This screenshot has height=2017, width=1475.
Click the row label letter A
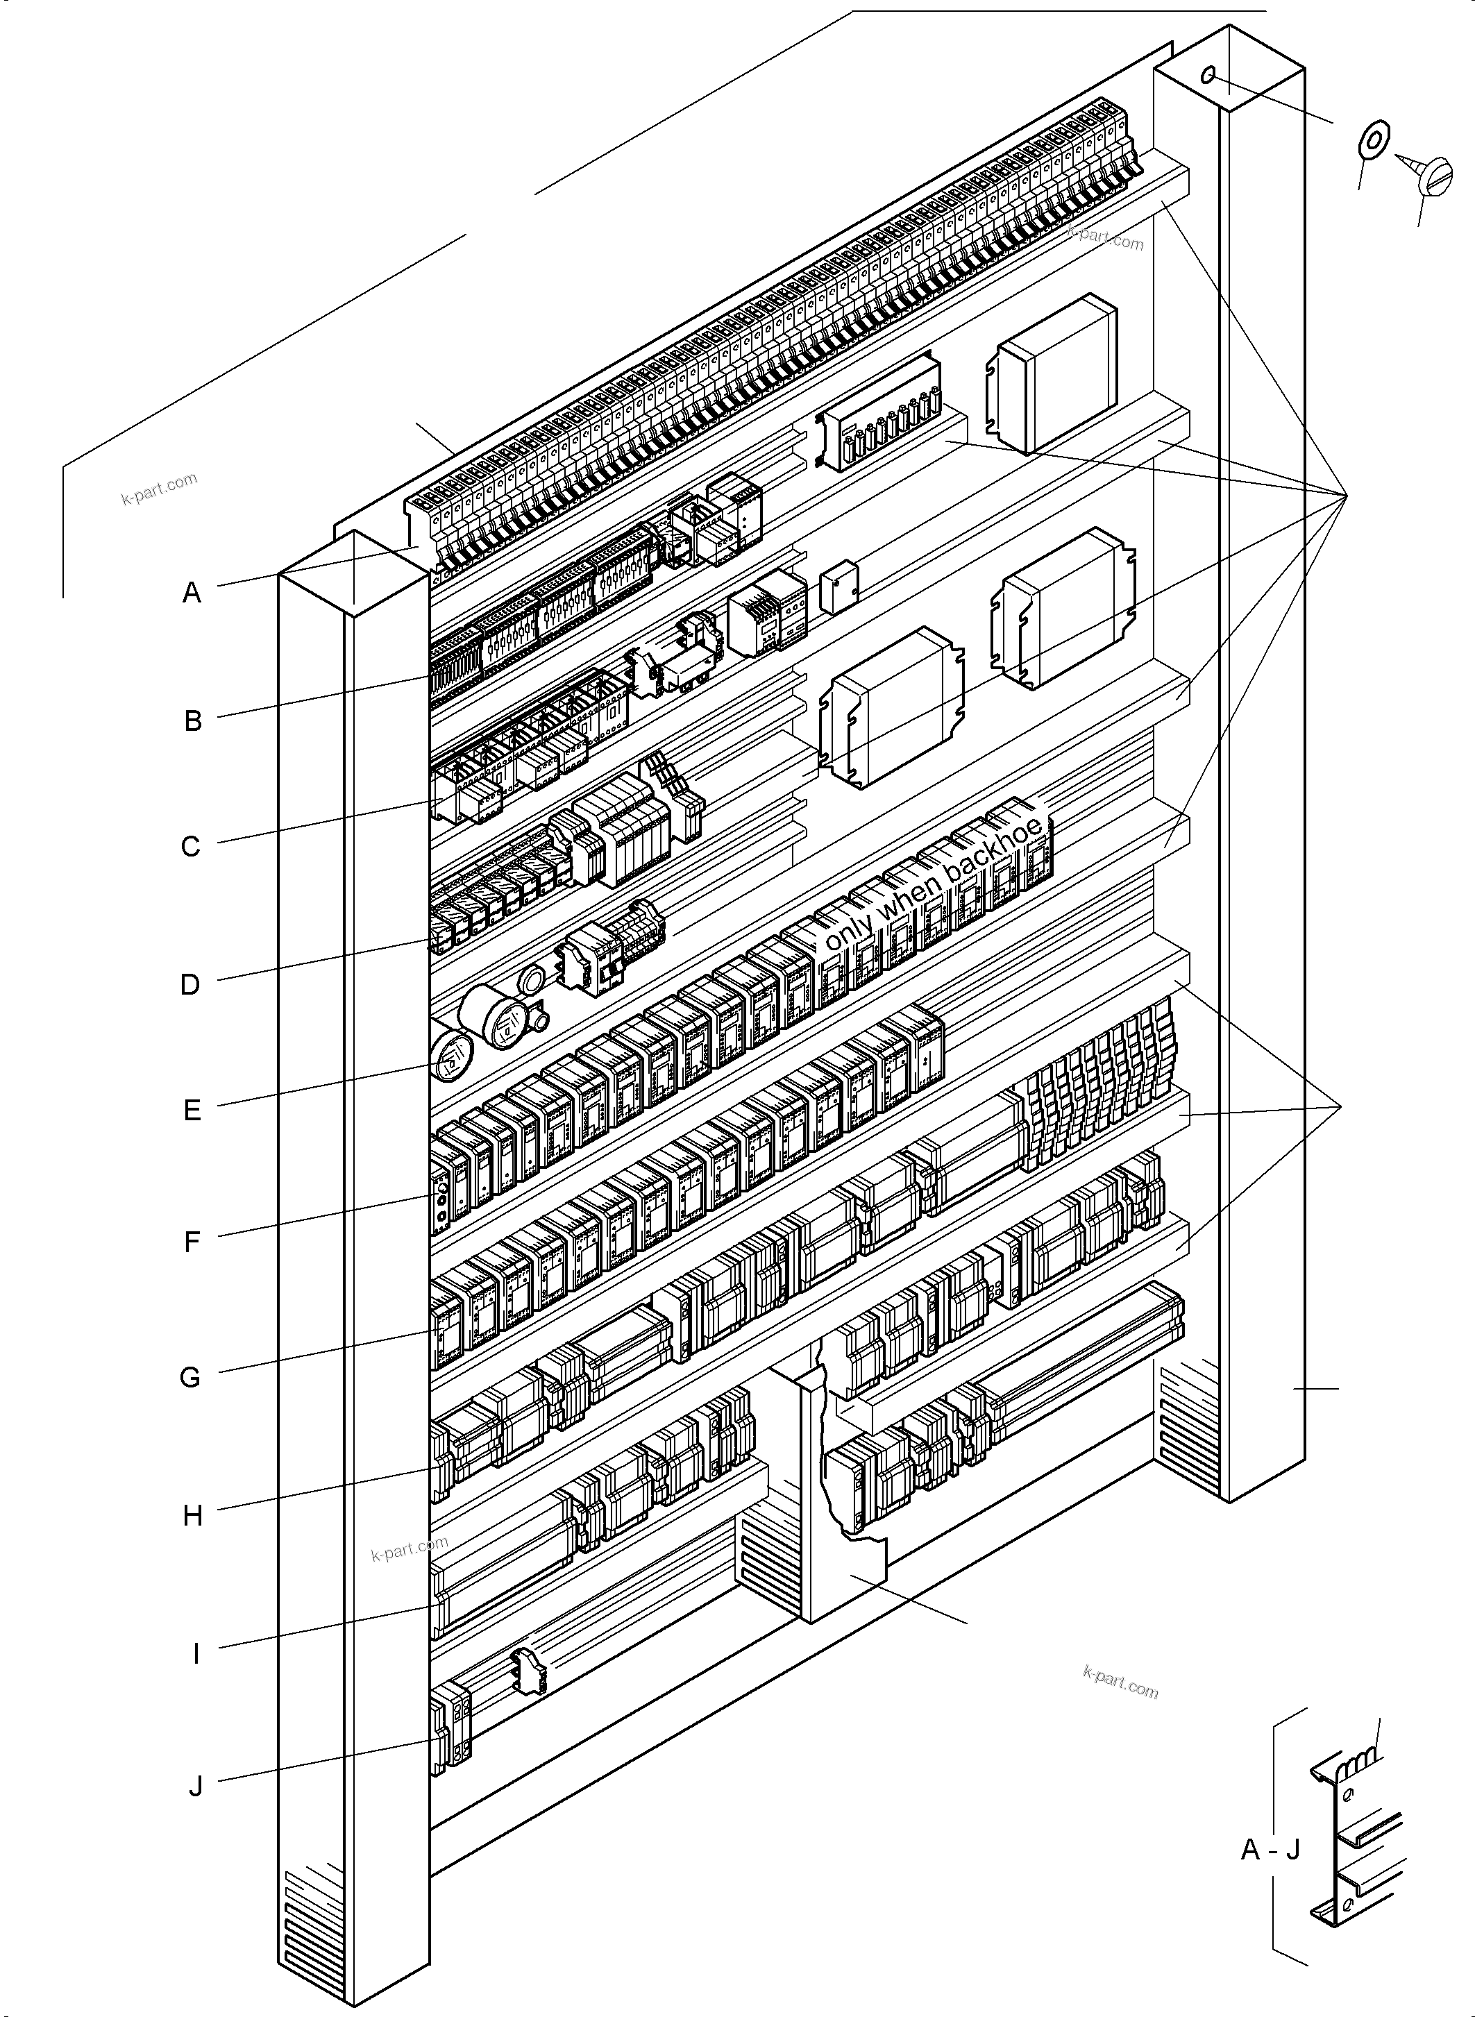192,593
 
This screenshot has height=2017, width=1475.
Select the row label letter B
193,720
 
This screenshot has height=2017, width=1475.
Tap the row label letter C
191,847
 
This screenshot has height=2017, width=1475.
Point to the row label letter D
190,985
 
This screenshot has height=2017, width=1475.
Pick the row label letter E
192,1111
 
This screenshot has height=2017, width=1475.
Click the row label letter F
192,1242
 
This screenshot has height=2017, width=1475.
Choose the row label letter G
190,1378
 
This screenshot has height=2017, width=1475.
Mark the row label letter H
193,1516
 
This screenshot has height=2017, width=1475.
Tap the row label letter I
196,1655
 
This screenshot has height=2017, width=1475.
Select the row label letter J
196,1787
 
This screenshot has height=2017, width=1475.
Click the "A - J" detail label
1270,1849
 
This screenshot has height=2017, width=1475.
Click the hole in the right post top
1208,75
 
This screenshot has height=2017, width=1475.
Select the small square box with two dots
838,587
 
